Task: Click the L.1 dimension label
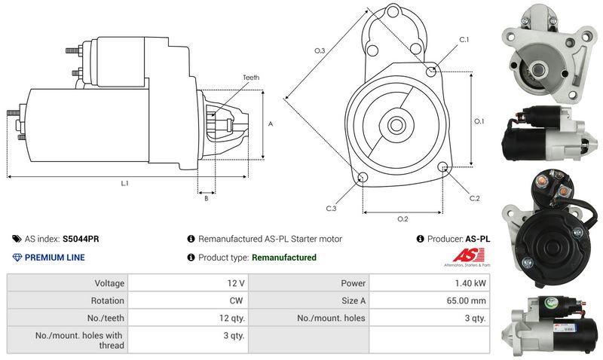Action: tap(124, 184)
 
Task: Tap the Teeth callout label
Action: tap(251, 78)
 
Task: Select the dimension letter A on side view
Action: tap(270, 124)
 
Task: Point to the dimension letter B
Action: tap(206, 199)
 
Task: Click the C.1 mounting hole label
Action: tap(464, 39)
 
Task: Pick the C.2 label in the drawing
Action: tap(474, 199)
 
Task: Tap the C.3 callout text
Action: tap(331, 208)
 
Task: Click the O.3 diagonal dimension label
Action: tap(320, 51)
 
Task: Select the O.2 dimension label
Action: tap(403, 219)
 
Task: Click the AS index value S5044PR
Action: tap(81, 239)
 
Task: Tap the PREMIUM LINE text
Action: tap(55, 258)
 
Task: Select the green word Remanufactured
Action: tap(283, 258)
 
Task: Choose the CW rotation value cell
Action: tap(237, 301)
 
